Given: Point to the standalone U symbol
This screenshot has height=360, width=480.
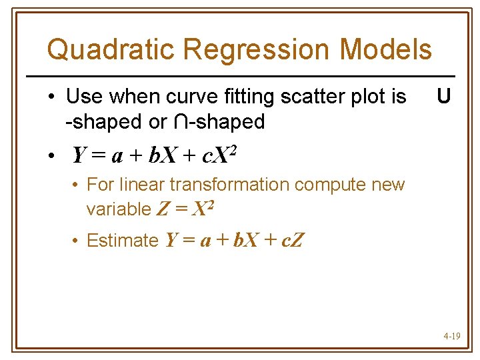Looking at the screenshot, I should point(443,97).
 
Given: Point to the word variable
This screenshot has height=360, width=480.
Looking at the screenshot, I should point(119,209).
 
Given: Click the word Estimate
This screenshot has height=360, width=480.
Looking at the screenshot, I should point(123,240).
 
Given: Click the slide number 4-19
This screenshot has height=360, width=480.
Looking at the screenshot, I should point(451,337).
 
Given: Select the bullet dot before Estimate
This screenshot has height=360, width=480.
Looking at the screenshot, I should point(78,241).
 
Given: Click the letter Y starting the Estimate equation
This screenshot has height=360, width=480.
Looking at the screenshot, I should point(170,240).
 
